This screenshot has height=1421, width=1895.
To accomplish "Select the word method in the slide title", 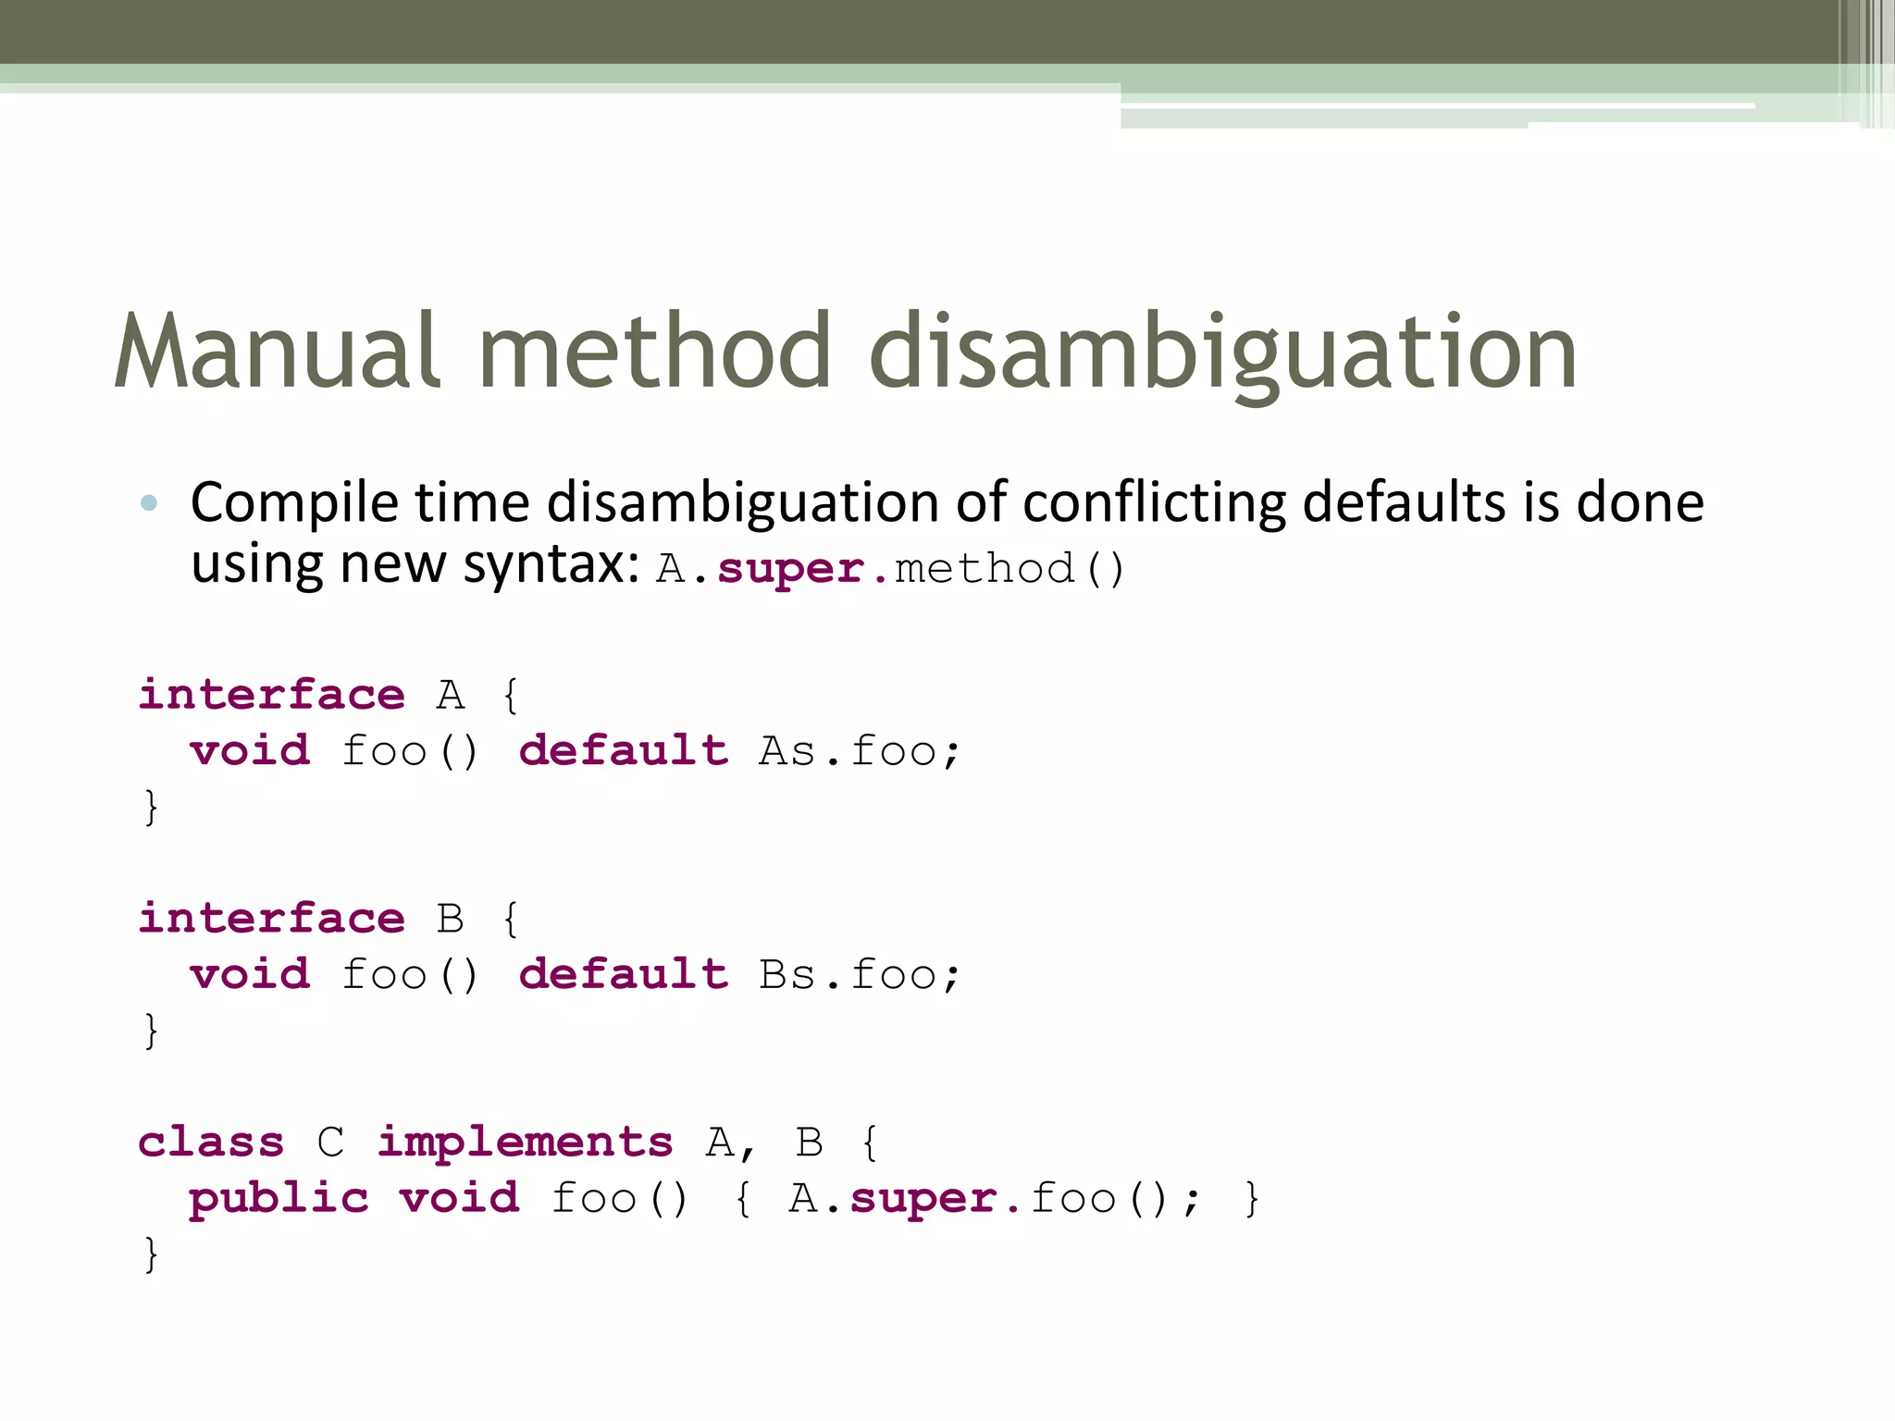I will coord(655,352).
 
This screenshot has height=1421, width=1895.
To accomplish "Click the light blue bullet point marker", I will coord(149,503).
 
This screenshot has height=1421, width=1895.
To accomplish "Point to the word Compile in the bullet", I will coord(294,505).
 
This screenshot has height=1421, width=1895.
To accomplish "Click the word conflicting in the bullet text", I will coord(1154,503).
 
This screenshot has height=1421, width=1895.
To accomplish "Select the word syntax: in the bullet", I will coord(551,564).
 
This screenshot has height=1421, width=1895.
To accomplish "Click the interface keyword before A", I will coord(271,695).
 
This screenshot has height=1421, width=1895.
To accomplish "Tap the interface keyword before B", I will coord(271,919).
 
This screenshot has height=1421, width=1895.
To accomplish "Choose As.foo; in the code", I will coord(860,751).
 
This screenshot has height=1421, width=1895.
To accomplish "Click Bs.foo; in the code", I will coord(860,975).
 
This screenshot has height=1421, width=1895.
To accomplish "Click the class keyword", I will coord(211,1143).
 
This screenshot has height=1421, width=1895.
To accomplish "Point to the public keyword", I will coord(279,1200).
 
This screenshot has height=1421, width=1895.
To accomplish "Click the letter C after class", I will coord(330,1143).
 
